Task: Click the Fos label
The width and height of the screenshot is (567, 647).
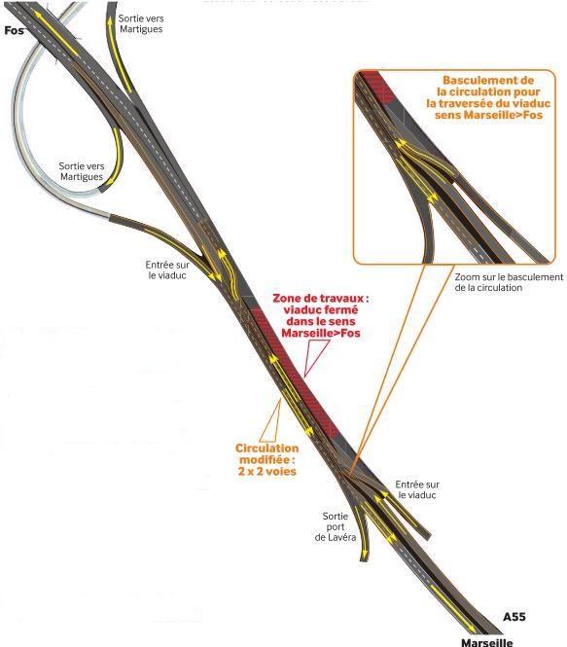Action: pyautogui.click(x=14, y=30)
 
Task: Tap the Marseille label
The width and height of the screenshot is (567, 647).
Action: pyautogui.click(x=487, y=642)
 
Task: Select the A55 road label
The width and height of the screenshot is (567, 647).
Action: pyautogui.click(x=514, y=617)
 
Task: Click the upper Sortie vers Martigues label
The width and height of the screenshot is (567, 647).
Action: pyautogui.click(x=141, y=23)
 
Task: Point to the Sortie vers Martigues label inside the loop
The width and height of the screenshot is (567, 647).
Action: pyautogui.click(x=82, y=171)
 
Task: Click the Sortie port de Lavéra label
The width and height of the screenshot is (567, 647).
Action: pyautogui.click(x=336, y=527)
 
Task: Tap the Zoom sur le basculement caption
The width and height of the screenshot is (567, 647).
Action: pyautogui.click(x=509, y=282)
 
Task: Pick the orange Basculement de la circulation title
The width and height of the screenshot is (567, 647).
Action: pyautogui.click(x=488, y=97)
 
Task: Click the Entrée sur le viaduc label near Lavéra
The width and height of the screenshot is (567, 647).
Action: pyautogui.click(x=417, y=489)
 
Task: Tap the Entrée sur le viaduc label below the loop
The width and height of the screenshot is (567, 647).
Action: pyautogui.click(x=167, y=270)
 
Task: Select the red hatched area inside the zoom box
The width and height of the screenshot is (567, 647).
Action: pyautogui.click(x=379, y=88)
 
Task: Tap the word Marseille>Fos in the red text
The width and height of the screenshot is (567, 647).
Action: pyautogui.click(x=321, y=333)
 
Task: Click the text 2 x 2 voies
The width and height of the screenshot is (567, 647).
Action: pyautogui.click(x=267, y=471)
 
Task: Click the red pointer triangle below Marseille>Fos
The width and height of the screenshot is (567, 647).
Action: pyautogui.click(x=315, y=354)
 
